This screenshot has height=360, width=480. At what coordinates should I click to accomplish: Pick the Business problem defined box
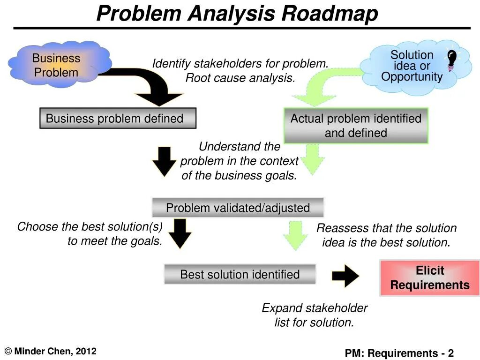117,119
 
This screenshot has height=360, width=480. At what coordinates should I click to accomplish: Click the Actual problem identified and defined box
356,126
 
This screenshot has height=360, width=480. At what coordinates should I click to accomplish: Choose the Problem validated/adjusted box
238,208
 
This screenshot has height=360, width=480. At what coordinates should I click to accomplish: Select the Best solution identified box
240,274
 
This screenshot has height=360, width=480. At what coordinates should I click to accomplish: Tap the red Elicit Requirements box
429,278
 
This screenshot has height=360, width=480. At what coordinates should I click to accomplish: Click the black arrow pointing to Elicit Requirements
345,276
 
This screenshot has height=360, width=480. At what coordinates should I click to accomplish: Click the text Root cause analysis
240,78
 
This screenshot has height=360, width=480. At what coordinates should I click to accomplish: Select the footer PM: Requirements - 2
399,353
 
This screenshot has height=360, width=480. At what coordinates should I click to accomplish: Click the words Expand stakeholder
314,308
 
